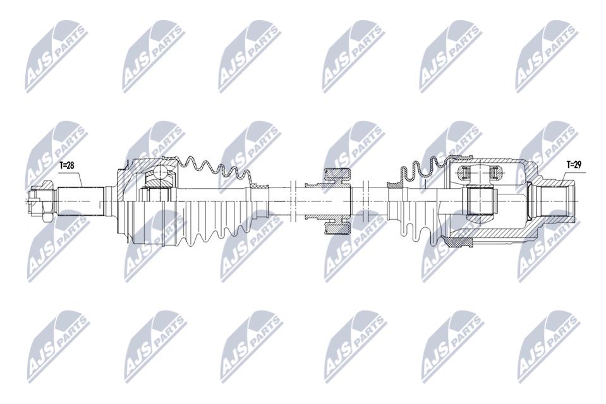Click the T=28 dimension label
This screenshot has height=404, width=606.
(66, 166)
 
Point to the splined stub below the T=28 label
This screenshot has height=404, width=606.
(80, 201)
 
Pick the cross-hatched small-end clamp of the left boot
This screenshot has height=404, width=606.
(259, 187)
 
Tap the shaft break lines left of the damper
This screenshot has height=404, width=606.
(292, 201)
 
